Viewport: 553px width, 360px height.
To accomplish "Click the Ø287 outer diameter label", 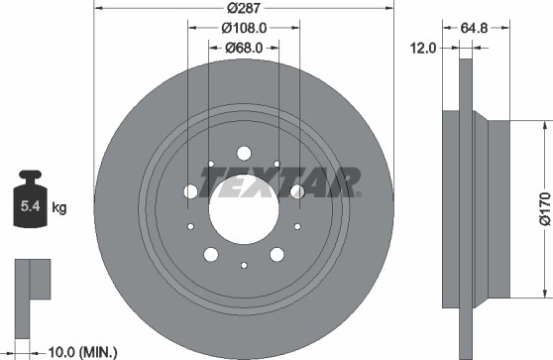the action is (x=244, y=8).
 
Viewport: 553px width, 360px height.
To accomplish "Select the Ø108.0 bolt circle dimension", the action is (x=244, y=28).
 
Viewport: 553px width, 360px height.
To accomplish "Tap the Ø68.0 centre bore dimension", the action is (x=244, y=48).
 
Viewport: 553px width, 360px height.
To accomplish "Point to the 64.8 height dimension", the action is (x=474, y=28).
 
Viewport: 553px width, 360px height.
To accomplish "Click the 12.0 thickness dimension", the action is (x=423, y=48).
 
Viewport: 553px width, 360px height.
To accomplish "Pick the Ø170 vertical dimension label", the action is (x=545, y=208).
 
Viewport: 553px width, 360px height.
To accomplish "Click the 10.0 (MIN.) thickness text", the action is (x=82, y=352).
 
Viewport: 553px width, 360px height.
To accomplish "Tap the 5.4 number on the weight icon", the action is (x=31, y=205).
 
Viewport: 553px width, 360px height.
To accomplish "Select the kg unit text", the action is (x=59, y=207).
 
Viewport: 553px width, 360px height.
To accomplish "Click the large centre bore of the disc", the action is (x=244, y=209).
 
